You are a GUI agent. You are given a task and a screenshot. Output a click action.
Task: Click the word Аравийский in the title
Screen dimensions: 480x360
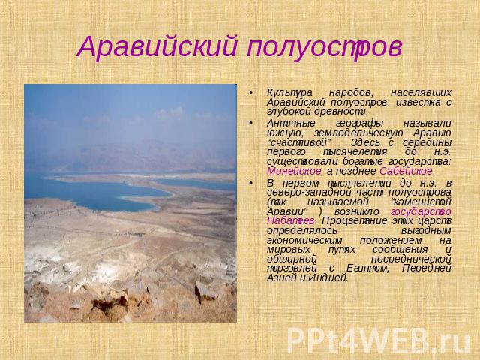[x=157, y=46]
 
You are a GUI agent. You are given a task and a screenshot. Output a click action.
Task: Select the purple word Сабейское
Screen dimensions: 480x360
[x=406, y=171]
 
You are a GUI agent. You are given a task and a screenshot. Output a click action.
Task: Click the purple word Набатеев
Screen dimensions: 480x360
[x=290, y=220]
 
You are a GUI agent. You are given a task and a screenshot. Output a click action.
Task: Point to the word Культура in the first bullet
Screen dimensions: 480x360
[x=289, y=93]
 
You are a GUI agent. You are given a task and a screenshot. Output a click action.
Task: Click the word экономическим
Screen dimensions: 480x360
[x=304, y=240]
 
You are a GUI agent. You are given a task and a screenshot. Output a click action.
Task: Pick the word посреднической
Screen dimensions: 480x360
[x=411, y=259]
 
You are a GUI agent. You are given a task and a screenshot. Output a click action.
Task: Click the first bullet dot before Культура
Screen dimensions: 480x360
[x=250, y=93]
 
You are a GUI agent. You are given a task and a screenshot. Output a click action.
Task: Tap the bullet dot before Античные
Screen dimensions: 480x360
[x=250, y=123]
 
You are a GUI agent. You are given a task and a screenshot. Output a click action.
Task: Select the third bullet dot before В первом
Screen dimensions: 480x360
[x=250, y=183]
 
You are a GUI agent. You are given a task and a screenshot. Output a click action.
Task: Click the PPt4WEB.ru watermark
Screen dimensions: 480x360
[x=379, y=340]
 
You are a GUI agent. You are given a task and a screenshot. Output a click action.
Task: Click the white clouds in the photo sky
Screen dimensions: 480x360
[x=170, y=112]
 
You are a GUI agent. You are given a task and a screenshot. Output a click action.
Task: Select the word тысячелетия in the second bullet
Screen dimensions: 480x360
[x=355, y=152]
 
